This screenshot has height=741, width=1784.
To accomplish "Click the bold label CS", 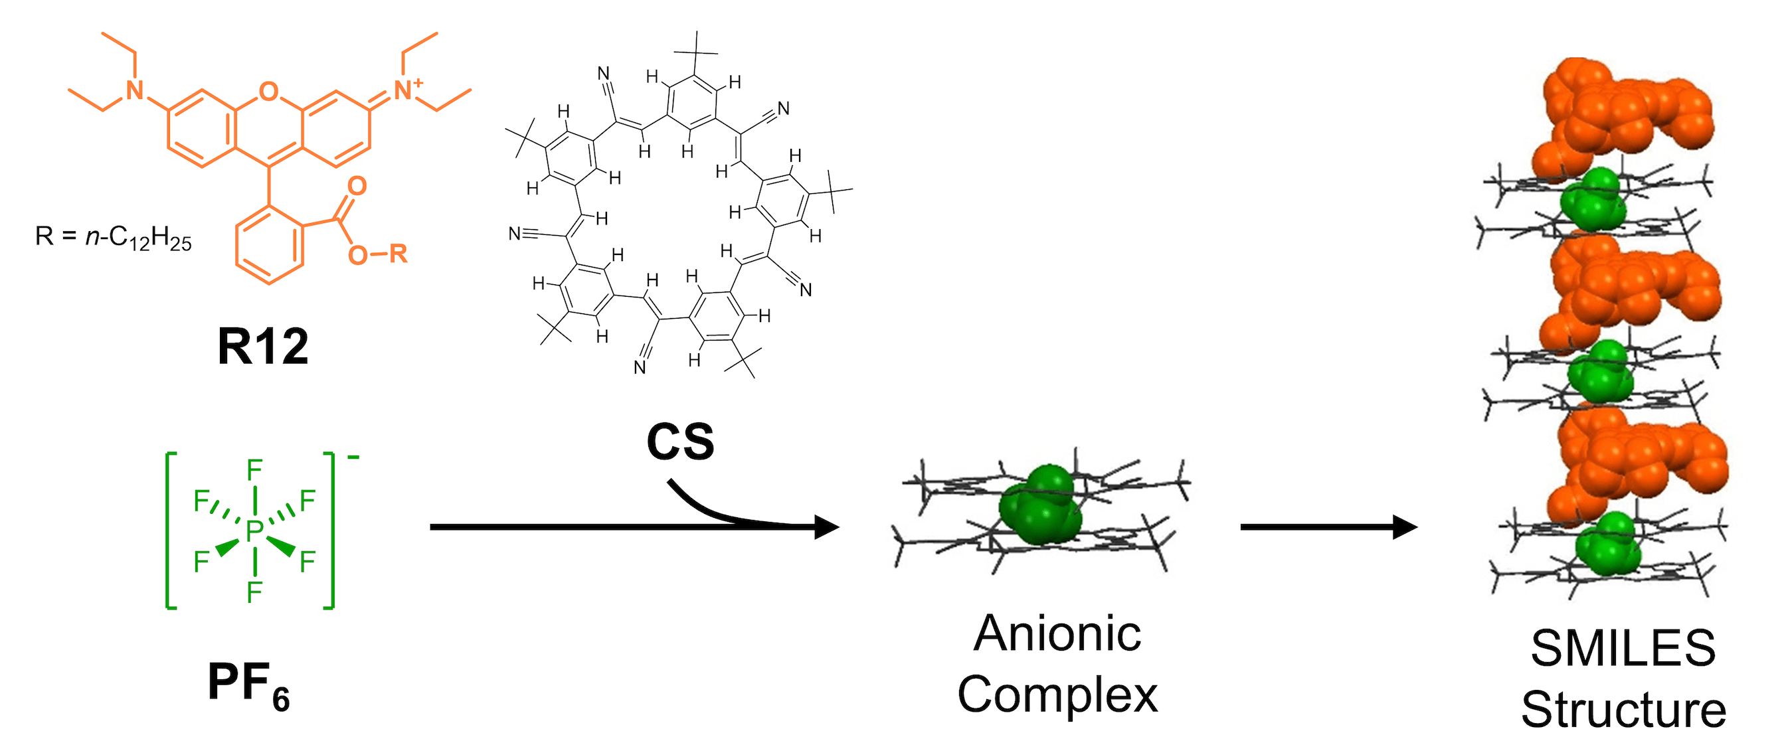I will [680, 442].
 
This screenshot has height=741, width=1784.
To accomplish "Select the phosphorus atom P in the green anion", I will [255, 531].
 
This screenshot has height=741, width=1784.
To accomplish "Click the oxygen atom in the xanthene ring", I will [268, 91].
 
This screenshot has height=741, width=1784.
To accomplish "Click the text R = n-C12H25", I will [114, 238].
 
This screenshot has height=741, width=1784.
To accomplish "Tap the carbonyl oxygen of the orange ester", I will [357, 186].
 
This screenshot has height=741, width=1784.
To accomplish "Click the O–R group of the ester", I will [377, 255].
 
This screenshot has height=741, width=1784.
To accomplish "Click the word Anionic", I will [1057, 633].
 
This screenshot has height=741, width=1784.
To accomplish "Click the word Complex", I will [1057, 695].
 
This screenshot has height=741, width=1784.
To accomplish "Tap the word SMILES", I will [1623, 649].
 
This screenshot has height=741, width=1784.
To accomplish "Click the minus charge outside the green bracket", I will [353, 457].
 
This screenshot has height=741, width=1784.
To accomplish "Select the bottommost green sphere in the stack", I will [1608, 544].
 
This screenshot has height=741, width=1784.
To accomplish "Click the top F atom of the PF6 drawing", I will [255, 471].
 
